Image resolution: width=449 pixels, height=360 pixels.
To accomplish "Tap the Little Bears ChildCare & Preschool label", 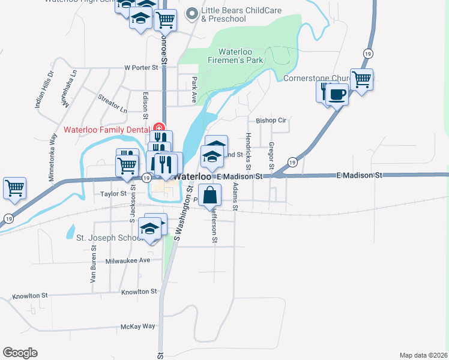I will coord(224,14).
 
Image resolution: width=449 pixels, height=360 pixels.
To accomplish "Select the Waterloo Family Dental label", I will coord(107,130).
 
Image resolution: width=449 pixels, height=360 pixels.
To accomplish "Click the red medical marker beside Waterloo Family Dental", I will coord(158,127).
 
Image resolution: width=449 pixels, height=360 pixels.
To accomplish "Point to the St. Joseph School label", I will coord(109,237).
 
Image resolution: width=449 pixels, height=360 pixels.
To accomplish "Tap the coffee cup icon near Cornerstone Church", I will coord(337,94).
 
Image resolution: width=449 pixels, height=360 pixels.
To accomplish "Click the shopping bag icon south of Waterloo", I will coord(209,195).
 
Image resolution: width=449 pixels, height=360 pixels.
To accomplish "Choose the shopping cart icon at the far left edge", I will coord(14,187).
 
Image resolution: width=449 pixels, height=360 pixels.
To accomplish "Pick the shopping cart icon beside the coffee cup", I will coord(361,79).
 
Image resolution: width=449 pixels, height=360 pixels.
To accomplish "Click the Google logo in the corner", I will coord(20,353).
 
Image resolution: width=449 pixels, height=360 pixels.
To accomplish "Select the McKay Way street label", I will coord(138,326).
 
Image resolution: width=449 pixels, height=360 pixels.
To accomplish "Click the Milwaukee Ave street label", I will coord(128,260).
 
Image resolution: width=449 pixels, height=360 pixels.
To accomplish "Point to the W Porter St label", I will coord(140,68).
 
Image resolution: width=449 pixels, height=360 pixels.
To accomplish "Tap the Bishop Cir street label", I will coord(271,121).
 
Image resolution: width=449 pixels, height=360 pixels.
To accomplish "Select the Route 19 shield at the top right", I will coord(366,54).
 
